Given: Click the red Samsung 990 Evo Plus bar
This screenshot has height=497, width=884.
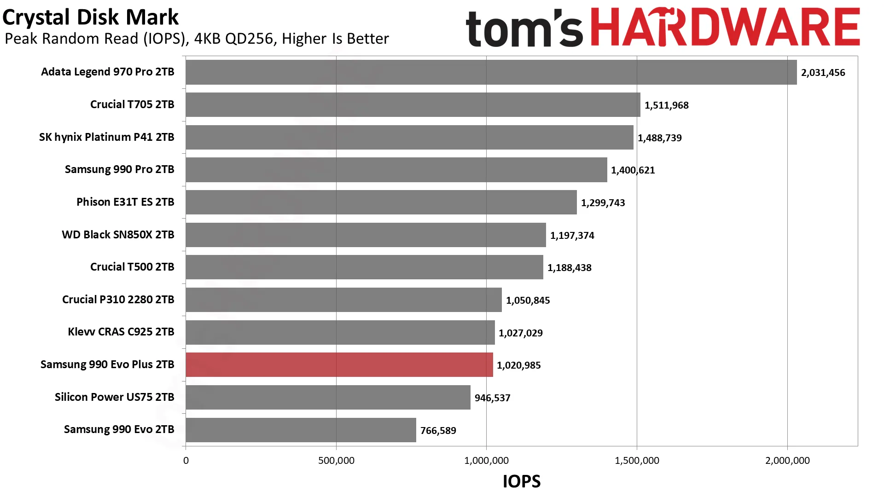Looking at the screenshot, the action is coord(339,365).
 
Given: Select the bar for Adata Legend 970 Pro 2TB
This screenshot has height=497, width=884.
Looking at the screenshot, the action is coord(491,72).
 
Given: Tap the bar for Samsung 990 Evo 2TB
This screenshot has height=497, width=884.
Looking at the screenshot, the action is coord(301,430).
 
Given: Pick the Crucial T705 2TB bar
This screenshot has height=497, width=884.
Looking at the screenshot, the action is coord(413,105).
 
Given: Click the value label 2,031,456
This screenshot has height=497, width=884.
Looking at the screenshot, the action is coord(823,73).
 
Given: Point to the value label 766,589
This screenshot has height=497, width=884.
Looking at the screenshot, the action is coord(438,431).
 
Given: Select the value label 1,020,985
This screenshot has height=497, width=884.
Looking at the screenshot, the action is coord(519,365).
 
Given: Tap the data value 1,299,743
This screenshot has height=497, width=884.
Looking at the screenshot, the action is coord(603,203).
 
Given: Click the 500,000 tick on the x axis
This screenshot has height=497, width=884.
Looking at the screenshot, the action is coord(336,461).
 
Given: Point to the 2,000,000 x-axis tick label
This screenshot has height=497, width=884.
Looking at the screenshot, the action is coord(787,461).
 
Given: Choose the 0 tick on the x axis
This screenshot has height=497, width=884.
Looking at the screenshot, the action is coord(186,461).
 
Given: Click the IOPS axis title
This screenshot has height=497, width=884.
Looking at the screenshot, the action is coord(522,481).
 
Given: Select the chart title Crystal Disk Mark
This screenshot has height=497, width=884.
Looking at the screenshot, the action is coord(90,17).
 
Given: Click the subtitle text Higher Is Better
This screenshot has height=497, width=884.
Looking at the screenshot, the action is coord(335,39).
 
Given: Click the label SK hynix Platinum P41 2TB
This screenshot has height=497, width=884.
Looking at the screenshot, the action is coord(107,137).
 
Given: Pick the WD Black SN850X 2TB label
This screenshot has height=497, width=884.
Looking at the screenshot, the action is coord(118,235).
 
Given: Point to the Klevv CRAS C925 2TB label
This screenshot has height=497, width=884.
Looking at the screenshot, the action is coord(121,332).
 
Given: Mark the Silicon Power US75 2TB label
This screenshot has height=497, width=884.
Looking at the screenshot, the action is coord(115,397).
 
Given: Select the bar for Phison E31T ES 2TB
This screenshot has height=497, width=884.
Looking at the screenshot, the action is coord(381,202).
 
